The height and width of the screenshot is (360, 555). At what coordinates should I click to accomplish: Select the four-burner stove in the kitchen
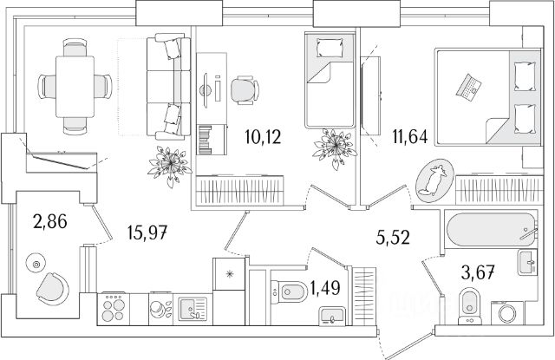pyautogui.click(x=114, y=307)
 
